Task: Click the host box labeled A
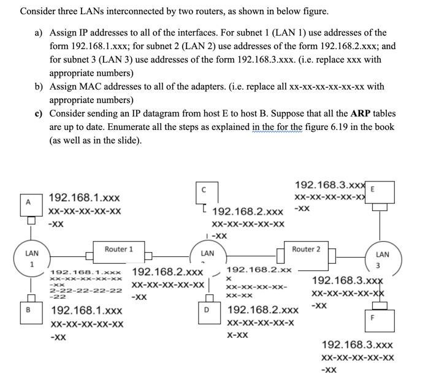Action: tap(27, 202)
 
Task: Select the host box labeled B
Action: tap(27, 310)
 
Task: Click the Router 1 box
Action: tap(118, 250)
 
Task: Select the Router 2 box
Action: tap(306, 250)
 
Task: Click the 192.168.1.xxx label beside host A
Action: tap(84, 197)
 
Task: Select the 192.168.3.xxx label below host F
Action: tap(357, 345)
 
